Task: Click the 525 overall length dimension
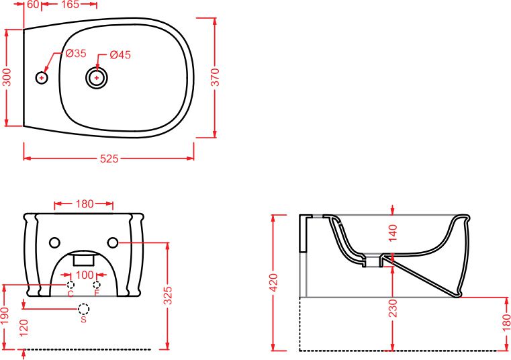pyautogui.click(x=109, y=159)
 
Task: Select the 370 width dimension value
pyautogui.click(x=216, y=77)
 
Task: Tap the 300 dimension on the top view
pyautogui.click(x=7, y=77)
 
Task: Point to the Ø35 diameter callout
pyautogui.click(x=76, y=53)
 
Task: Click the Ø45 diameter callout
pyautogui.click(x=120, y=54)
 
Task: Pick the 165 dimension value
pyautogui.click(x=70, y=4)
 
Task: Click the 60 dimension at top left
pyautogui.click(x=33, y=4)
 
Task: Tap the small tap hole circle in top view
pyautogui.click(x=42, y=78)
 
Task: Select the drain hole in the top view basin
pyautogui.click(x=97, y=78)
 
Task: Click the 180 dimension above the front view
pyautogui.click(x=85, y=204)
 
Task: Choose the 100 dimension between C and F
pyautogui.click(x=85, y=275)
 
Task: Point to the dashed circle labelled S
pyautogui.click(x=84, y=309)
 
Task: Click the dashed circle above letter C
pyautogui.click(x=71, y=284)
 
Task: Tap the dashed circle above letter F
pyautogui.click(x=97, y=284)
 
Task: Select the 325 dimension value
pyautogui.click(x=167, y=296)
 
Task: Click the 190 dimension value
pyautogui.click(x=5, y=316)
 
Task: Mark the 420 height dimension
pyautogui.click(x=274, y=283)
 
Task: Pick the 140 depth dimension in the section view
pyautogui.click(x=393, y=232)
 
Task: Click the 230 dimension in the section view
pyautogui.click(x=393, y=308)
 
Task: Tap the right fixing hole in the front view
pyautogui.click(x=112, y=242)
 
